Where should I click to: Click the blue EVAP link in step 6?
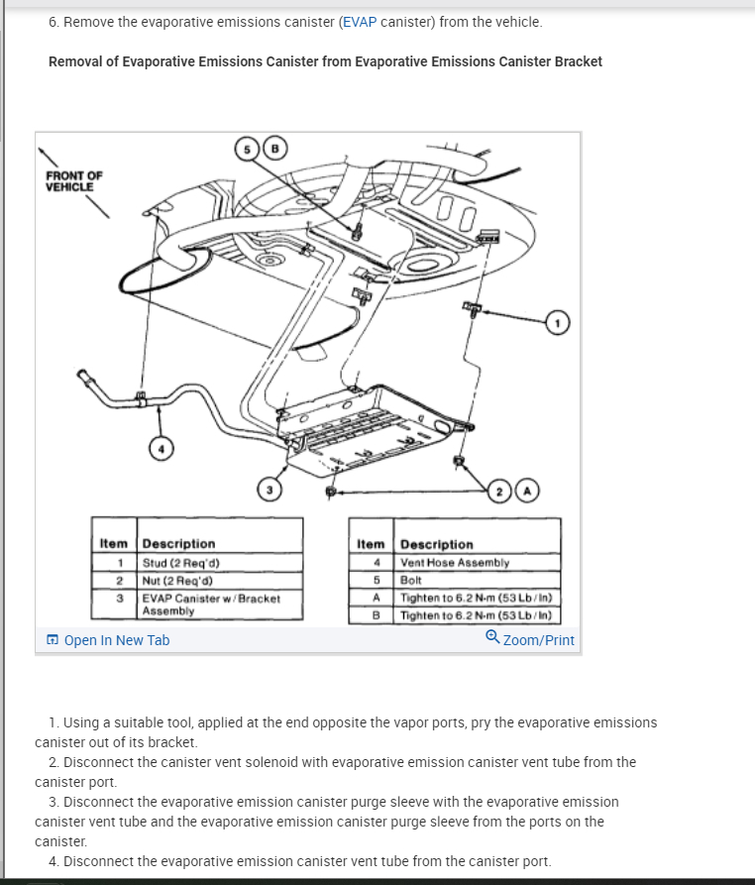(360, 22)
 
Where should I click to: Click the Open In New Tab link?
(109, 640)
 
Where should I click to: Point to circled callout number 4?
(160, 449)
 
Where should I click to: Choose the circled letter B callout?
(277, 149)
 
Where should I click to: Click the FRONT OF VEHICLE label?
(73, 180)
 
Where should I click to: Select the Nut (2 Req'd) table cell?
(177, 579)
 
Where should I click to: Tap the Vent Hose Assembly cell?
(455, 562)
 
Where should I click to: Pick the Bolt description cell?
(410, 579)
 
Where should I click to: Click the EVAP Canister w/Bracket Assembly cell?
(210, 604)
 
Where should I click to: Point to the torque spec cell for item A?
(476, 598)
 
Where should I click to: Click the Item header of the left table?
(114, 543)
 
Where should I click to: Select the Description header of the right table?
(437, 544)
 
